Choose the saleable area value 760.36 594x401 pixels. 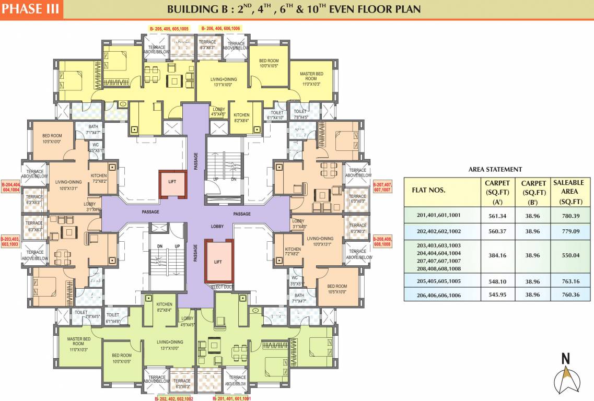(x=570, y=294)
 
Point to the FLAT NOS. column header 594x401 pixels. (x=429, y=190)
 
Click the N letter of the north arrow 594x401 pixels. (x=565, y=358)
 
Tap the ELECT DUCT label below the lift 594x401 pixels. (x=222, y=287)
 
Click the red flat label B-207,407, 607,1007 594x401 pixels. (x=382, y=187)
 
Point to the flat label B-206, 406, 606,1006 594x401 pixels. (x=220, y=28)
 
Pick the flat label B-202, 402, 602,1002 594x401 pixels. (x=174, y=398)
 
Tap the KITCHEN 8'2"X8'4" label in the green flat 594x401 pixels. (x=164, y=307)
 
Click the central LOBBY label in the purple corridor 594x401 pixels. (x=217, y=227)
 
